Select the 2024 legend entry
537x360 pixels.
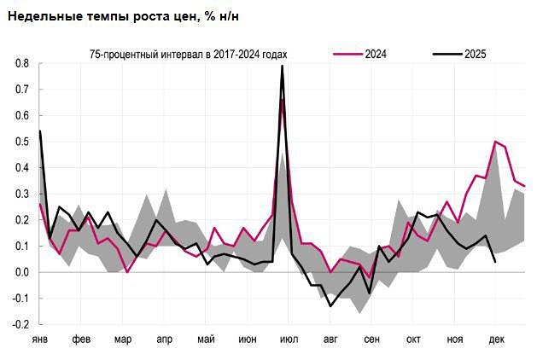376,55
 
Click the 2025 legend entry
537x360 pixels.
476,55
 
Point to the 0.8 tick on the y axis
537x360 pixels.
22,64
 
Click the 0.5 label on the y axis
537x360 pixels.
22,142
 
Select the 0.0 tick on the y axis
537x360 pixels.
22,273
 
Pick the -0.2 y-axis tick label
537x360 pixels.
20,325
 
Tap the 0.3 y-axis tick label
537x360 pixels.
22,195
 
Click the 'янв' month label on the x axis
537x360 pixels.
40,340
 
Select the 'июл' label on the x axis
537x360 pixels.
289,340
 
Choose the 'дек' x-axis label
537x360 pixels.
496,340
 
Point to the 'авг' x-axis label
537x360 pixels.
330,340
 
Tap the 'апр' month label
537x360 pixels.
165,340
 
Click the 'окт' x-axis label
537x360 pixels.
413,340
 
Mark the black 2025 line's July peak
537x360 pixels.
282,66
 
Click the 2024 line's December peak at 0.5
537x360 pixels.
495,142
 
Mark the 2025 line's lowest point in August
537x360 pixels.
330,305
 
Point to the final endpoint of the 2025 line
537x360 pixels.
496,262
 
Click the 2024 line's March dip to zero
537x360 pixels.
127,272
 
